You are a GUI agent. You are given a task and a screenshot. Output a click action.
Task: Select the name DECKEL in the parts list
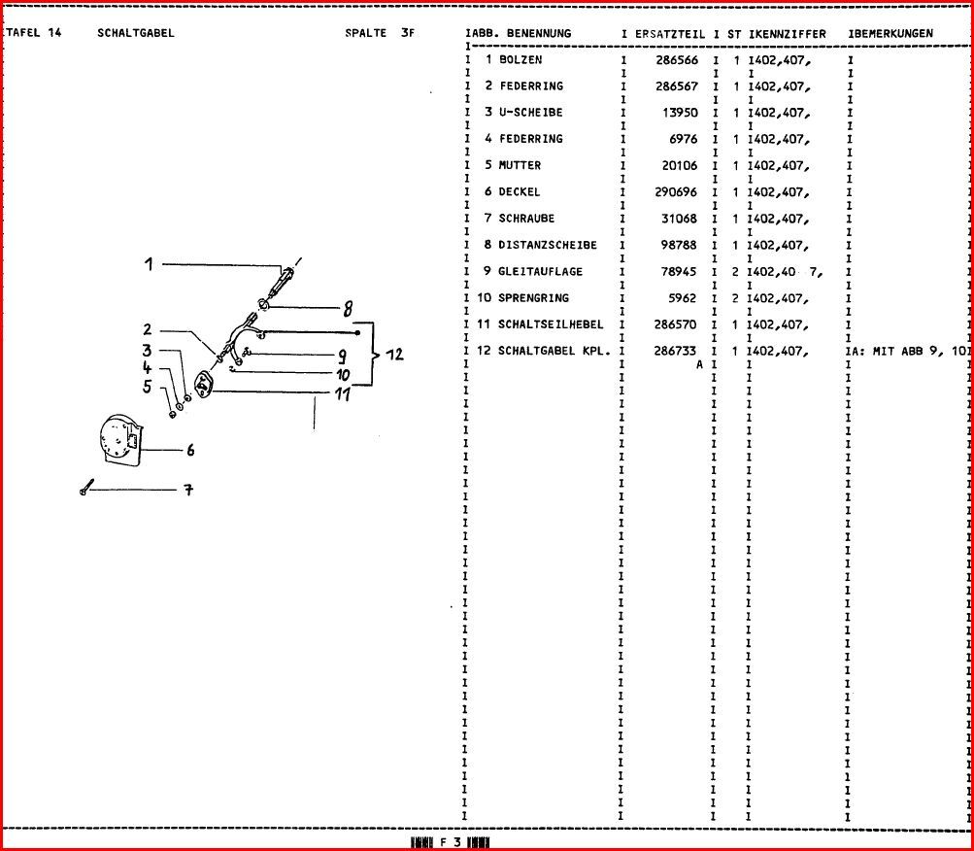click(x=520, y=192)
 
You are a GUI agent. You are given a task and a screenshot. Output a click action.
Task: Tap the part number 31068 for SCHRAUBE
click(x=679, y=219)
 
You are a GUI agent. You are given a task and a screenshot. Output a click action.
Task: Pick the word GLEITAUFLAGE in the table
click(x=541, y=272)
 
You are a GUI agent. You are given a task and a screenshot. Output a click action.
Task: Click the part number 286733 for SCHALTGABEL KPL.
click(x=676, y=351)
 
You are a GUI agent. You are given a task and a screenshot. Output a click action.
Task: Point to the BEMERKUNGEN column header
click(x=893, y=34)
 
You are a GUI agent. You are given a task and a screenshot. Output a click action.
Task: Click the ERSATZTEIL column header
click(x=670, y=34)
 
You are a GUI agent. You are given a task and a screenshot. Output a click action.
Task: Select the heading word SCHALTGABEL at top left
click(x=136, y=33)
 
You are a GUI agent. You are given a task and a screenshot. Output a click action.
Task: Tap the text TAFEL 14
click(x=34, y=33)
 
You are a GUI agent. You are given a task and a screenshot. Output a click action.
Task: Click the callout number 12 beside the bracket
click(x=394, y=356)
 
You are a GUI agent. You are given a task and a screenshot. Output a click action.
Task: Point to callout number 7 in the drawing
click(x=188, y=491)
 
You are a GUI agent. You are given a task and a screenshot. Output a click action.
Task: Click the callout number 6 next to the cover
click(x=190, y=450)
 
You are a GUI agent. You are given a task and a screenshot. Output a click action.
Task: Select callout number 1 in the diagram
click(x=150, y=263)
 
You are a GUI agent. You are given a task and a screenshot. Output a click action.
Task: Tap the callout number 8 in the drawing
click(x=346, y=311)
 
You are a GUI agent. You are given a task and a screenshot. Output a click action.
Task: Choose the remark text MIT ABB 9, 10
click(x=914, y=351)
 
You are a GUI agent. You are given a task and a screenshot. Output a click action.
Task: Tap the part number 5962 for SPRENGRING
click(x=682, y=298)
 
